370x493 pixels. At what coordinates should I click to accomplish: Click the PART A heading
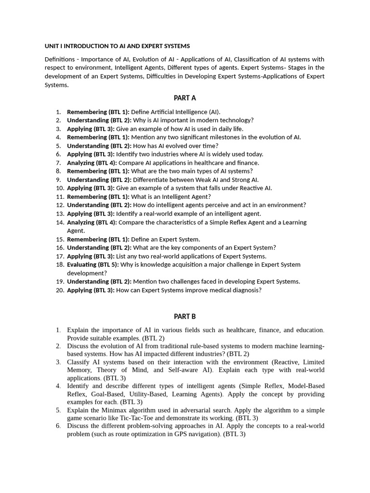click(x=185, y=98)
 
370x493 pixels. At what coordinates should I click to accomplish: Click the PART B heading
click(x=185, y=316)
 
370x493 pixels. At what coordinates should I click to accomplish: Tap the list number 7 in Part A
click(x=58, y=163)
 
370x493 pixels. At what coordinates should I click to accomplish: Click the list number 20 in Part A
click(x=60, y=290)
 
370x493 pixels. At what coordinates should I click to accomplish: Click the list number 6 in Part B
click(x=58, y=426)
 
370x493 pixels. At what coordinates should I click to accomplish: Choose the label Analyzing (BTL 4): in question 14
click(x=92, y=222)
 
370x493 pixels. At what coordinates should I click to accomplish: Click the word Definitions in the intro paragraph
click(x=60, y=59)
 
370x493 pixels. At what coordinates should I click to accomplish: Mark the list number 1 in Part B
click(x=58, y=330)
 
